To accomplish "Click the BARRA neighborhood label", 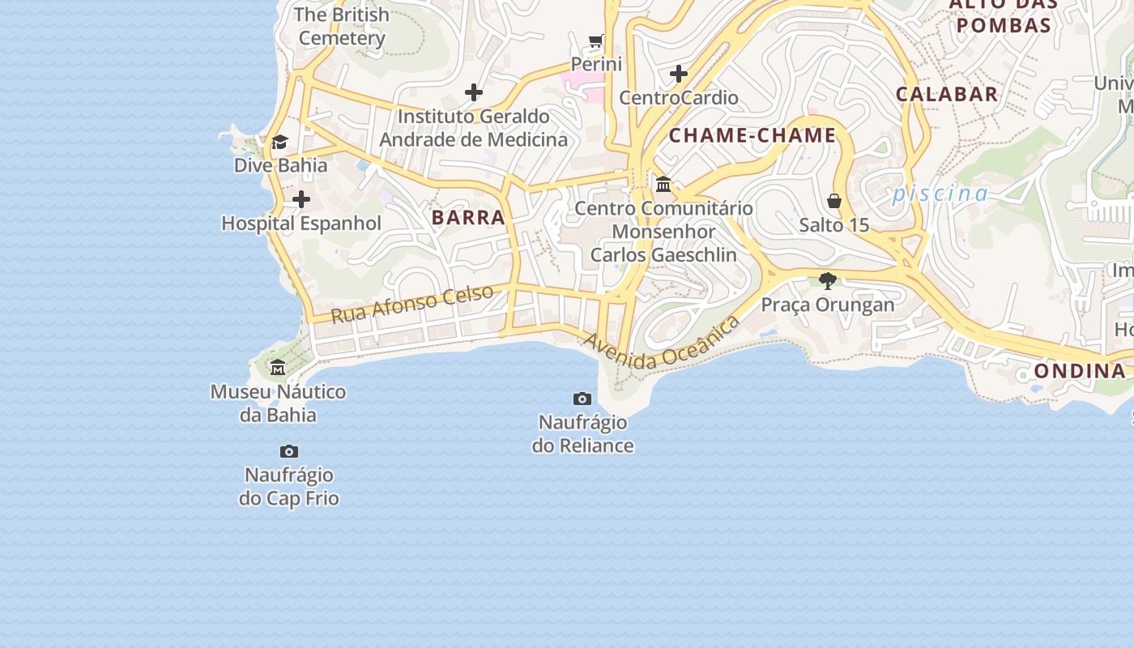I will (468, 217).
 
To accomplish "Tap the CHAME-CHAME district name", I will (752, 135).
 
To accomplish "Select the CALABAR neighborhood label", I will (947, 94).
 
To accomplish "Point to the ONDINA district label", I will (1080, 371).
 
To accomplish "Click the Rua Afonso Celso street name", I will (412, 305).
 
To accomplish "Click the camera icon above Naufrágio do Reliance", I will (582, 399).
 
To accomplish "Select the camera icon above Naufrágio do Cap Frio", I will (289, 451).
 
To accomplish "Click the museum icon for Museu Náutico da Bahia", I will (278, 368).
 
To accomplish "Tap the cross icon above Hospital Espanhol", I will (301, 199).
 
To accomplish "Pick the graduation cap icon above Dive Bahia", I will (279, 143).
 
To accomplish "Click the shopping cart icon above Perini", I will (596, 40).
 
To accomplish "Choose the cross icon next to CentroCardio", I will (679, 75).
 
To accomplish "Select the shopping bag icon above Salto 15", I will (834, 201).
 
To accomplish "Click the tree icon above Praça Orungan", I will (827, 281).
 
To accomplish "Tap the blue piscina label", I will (940, 194).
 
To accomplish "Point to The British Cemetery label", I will (342, 26).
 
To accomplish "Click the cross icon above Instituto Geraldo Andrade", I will (474, 92).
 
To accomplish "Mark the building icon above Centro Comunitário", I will (663, 185).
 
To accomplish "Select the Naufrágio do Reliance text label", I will (582, 434).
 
